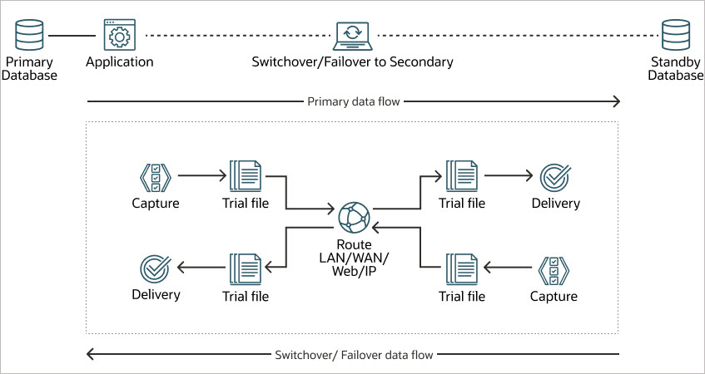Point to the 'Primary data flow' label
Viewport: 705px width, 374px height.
pyautogui.click(x=353, y=101)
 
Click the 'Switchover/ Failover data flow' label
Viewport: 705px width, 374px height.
pyautogui.click(x=353, y=355)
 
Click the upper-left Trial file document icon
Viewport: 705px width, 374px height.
pyautogui.click(x=245, y=176)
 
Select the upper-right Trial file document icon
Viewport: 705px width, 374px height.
pyautogui.click(x=461, y=176)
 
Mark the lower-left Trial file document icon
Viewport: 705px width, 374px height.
pyautogui.click(x=245, y=268)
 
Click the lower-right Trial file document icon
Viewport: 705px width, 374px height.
pyautogui.click(x=461, y=268)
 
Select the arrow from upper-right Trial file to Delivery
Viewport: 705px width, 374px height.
pyautogui.click(x=508, y=176)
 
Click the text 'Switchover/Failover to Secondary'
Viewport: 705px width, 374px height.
pyautogui.click(x=353, y=62)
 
